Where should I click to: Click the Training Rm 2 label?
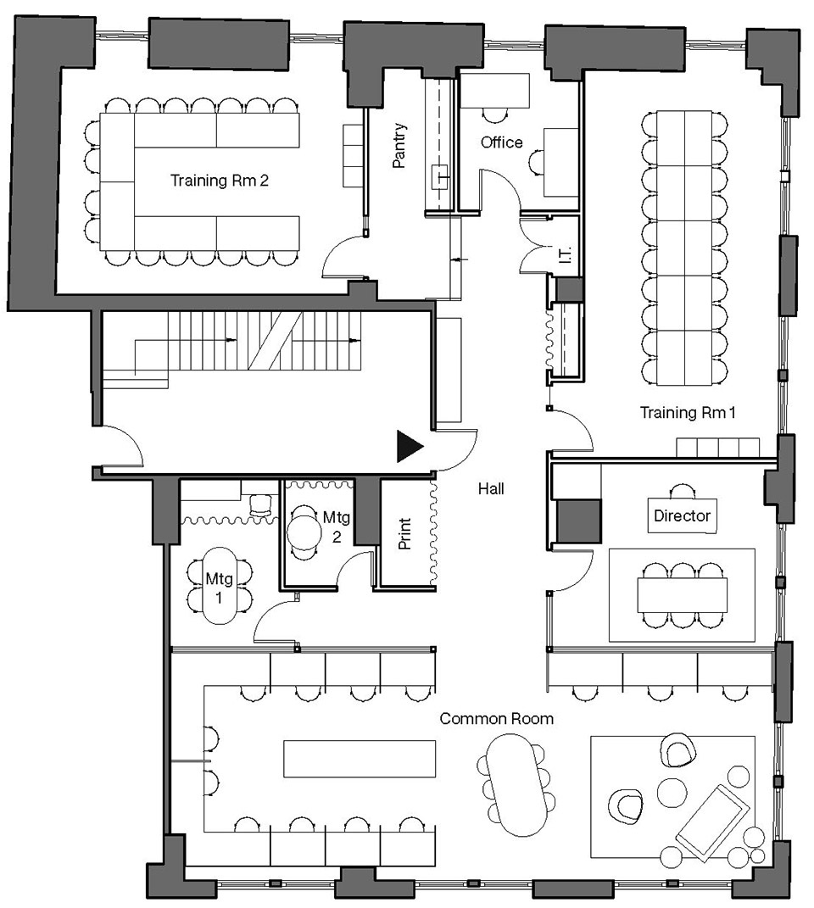(x=219, y=181)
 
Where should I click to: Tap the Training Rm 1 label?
(x=688, y=412)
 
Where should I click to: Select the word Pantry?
(x=399, y=145)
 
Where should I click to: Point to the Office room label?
(x=502, y=142)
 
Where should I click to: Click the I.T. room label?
(x=566, y=254)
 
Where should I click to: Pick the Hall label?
(x=491, y=488)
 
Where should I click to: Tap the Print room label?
(x=404, y=533)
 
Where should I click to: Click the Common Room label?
(x=497, y=719)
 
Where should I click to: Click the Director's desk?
(x=682, y=515)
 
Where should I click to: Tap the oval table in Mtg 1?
(x=219, y=586)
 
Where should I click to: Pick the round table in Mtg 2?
(x=304, y=532)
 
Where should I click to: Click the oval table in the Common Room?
(x=516, y=785)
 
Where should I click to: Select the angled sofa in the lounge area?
(x=713, y=822)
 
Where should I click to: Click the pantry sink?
(x=441, y=177)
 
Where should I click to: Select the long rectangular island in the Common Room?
(x=360, y=758)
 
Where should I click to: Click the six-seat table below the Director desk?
(x=682, y=594)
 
